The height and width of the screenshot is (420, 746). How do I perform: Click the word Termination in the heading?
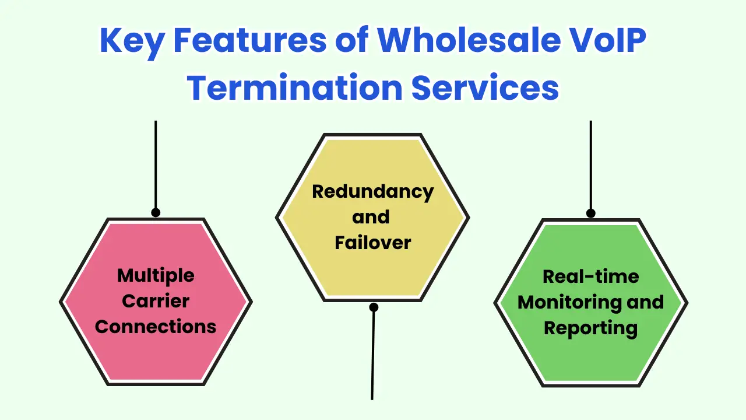click(x=295, y=87)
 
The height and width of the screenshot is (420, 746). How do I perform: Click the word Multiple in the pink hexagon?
click(x=156, y=275)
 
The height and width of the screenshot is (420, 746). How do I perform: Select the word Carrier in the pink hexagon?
click(x=156, y=301)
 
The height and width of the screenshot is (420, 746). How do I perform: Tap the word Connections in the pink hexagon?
click(x=156, y=327)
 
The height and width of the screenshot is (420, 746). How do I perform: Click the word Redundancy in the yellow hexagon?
click(x=373, y=191)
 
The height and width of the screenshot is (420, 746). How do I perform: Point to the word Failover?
click(x=373, y=242)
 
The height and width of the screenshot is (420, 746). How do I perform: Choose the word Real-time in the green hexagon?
click(x=590, y=276)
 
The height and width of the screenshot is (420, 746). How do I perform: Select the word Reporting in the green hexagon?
click(x=590, y=328)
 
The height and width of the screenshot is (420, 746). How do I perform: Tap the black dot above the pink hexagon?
click(x=156, y=212)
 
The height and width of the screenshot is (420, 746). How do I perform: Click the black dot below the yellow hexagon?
click(x=374, y=307)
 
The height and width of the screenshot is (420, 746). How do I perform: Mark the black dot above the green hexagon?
click(x=590, y=213)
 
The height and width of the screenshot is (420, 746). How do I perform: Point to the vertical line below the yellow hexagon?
click(x=373, y=356)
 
